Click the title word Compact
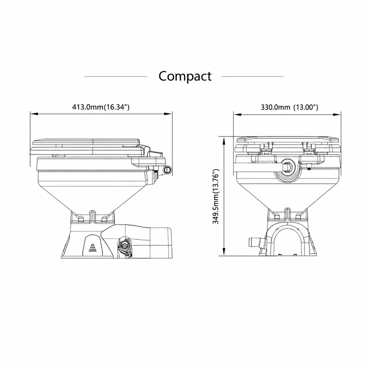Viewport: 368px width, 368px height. [185, 77]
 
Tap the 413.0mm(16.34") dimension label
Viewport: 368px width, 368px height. [101, 107]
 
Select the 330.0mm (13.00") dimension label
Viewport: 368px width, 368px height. [289, 107]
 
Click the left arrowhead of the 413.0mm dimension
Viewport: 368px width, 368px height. [34, 114]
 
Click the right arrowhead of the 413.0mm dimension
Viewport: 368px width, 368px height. [168, 114]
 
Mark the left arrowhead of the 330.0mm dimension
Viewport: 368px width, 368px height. [237, 114]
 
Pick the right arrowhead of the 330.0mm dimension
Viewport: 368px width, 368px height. [337, 114]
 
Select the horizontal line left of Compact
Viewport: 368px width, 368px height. [116, 76]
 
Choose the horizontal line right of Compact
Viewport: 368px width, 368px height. [252, 76]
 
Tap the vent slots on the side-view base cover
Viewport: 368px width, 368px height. [92, 248]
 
